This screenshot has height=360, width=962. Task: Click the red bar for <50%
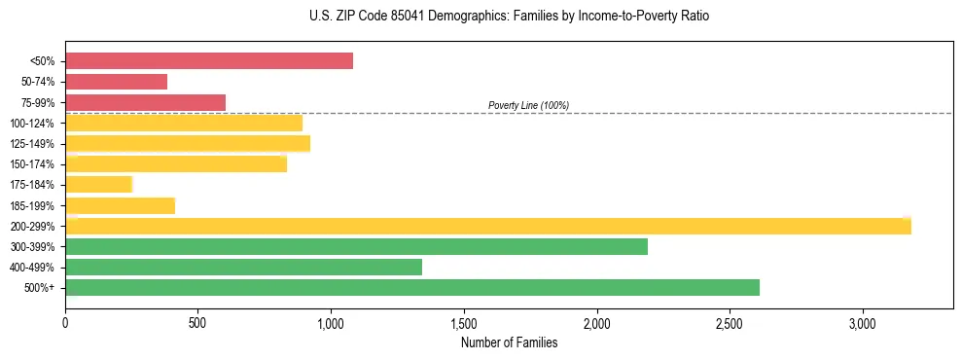coord(209,61)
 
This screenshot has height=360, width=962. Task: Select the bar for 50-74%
coord(116,82)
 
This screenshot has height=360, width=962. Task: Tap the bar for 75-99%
coord(145,102)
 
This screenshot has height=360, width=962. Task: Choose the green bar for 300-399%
coord(356,246)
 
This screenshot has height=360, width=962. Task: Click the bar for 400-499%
coord(243,267)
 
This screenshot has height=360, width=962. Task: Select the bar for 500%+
coord(412,287)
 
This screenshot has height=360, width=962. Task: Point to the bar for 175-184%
coord(98,185)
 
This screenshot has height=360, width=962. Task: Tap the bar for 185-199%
coord(120,205)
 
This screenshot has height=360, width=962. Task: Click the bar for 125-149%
coord(188,144)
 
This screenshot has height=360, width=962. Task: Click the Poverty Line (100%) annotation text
coord(528,105)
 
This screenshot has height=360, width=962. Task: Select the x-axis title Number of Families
coord(509,342)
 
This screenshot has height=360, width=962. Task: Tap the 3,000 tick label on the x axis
coord(863,322)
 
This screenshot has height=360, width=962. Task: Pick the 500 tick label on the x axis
coord(197,322)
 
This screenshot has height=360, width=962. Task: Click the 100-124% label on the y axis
coord(32,124)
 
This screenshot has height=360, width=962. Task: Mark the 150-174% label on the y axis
coord(32,164)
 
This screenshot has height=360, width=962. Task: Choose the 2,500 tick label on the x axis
coord(730,322)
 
